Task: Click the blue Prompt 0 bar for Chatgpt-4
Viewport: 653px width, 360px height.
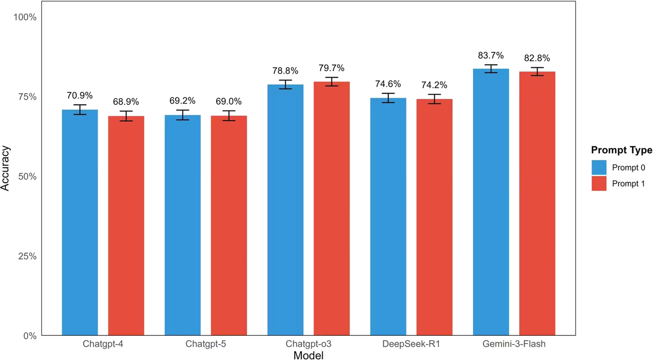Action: point(80,222)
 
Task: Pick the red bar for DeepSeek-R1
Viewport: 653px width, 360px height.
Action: point(435,217)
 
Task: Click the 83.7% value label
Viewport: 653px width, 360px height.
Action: point(491,55)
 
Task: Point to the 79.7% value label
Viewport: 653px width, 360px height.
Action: point(331,68)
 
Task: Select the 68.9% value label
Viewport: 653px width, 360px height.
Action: point(126,102)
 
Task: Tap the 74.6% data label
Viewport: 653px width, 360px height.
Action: point(388,84)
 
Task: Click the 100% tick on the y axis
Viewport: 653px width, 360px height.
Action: point(25,17)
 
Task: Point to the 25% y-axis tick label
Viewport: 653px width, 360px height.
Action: point(27,256)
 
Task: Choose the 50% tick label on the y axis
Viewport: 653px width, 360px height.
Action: point(27,176)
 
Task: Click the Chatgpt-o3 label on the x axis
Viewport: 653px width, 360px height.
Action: point(309,345)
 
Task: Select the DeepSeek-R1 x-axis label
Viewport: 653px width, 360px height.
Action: point(411,345)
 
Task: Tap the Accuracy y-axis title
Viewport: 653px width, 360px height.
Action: point(6,176)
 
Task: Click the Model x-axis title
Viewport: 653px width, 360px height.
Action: point(308,356)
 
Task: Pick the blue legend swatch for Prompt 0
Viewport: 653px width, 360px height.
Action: point(599,168)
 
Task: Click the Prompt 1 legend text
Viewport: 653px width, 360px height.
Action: point(628,184)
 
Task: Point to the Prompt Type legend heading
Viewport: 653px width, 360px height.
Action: point(622,150)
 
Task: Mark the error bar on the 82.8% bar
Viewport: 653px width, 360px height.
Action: point(537,72)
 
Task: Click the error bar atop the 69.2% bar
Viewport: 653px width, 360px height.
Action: point(183,115)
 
